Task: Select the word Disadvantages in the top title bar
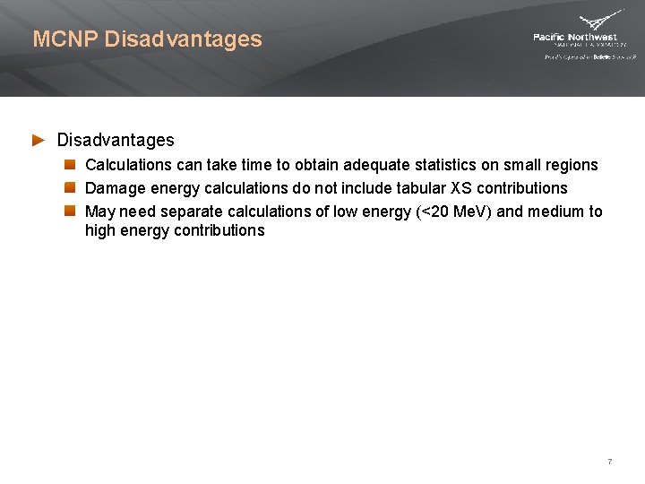click(x=184, y=39)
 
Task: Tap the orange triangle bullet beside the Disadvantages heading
click(x=39, y=140)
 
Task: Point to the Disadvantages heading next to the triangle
click(x=116, y=140)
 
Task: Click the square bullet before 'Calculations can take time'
click(x=70, y=165)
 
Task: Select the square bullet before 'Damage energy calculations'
click(x=70, y=188)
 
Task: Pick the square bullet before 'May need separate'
click(x=70, y=212)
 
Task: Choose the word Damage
click(x=114, y=188)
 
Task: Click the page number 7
click(x=610, y=462)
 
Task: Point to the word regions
click(x=571, y=165)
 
